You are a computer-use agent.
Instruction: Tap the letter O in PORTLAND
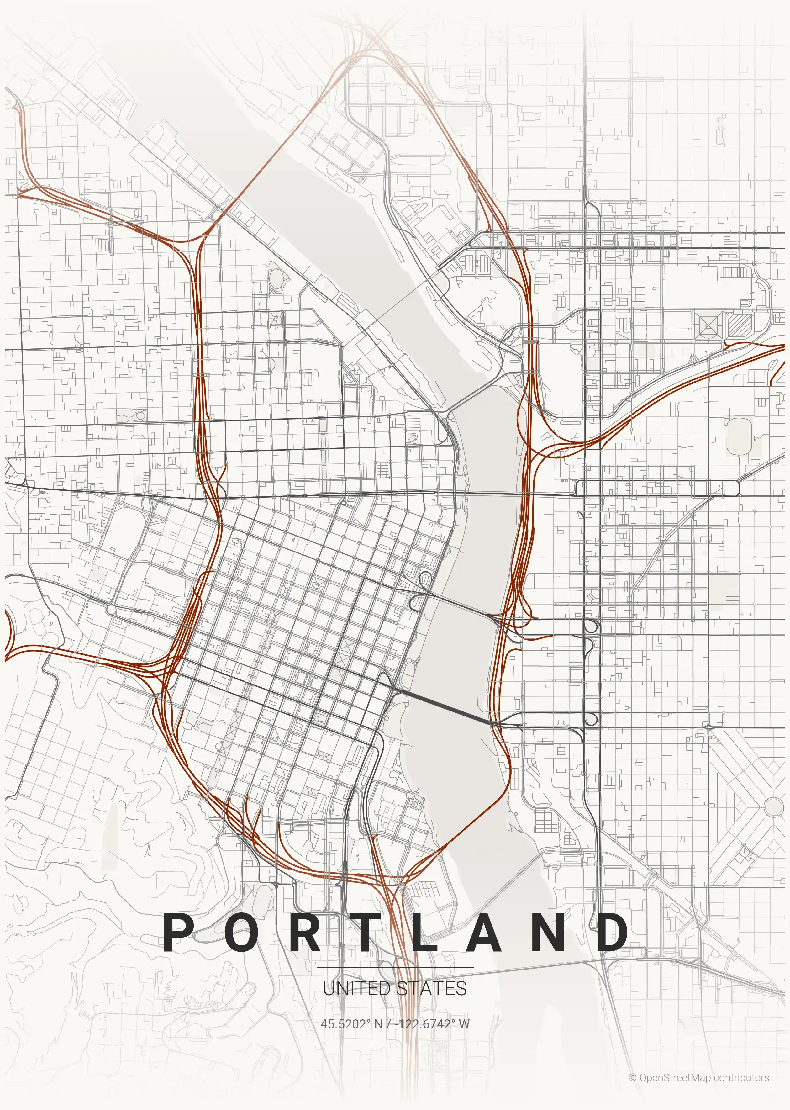tap(242, 932)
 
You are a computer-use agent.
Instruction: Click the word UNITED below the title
tap(356, 988)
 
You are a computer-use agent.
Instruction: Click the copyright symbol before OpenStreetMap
tap(632, 1078)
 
